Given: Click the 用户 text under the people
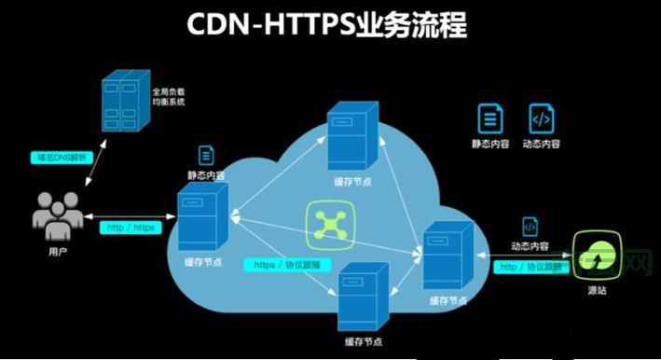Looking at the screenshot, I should pos(58,251).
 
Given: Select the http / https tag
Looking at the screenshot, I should pos(130,227).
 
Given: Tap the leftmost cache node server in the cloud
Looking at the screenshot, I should pos(202,216).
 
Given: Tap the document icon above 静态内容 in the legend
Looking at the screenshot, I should pos(489,118).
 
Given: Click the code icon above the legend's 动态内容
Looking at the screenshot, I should pos(541,118).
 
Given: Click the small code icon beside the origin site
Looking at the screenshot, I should pos(529,227).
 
